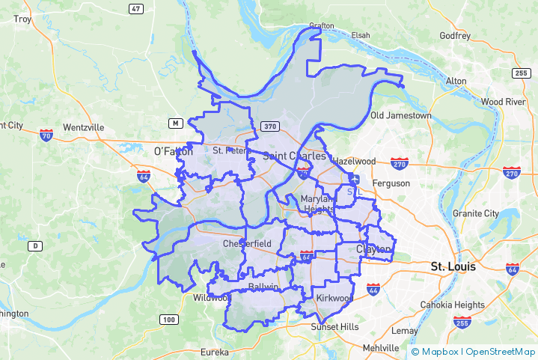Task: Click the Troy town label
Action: (x=23, y=19)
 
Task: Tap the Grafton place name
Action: (x=322, y=25)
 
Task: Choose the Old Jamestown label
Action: (x=400, y=115)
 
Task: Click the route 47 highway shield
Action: (x=135, y=8)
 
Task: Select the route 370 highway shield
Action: (x=270, y=126)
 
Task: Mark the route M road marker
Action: (x=175, y=123)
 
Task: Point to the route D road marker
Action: (x=34, y=245)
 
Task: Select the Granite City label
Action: (x=475, y=213)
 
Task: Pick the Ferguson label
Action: (x=391, y=183)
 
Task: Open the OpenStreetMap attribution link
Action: (x=500, y=351)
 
